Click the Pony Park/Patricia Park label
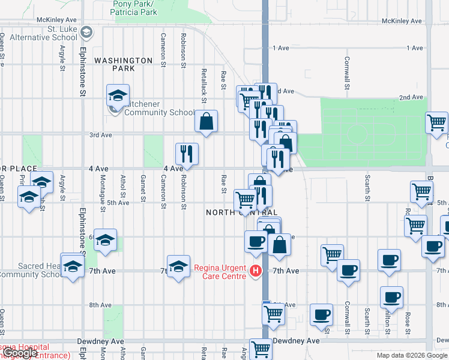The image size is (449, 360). pyautogui.click(x=135, y=8)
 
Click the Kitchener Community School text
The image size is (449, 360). pyautogui.click(x=160, y=108)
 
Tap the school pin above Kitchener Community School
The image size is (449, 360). pyautogui.click(x=118, y=95)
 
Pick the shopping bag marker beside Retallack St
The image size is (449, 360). pyautogui.click(x=206, y=121)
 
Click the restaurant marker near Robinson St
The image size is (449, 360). pyautogui.click(x=187, y=154)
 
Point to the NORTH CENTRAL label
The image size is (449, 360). pyautogui.click(x=242, y=212)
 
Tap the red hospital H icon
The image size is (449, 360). pyautogui.click(x=256, y=272)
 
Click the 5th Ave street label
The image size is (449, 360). pyautogui.click(x=118, y=203)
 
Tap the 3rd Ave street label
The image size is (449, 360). pyautogui.click(x=101, y=135)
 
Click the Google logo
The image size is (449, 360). pyautogui.click(x=20, y=353)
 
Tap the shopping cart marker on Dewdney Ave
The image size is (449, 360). pyautogui.click(x=261, y=349)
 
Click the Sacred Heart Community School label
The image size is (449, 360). pyautogui.click(x=30, y=271)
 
